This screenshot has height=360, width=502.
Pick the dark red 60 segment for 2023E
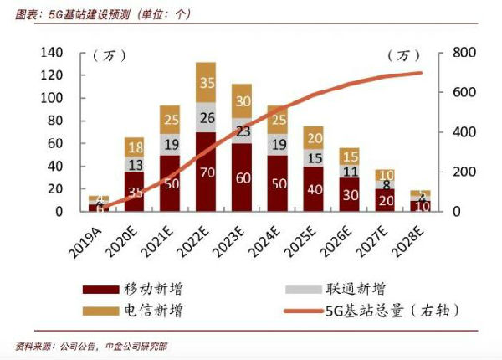243,177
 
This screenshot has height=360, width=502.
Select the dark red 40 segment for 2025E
314,189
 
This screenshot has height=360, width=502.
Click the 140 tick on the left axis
52,53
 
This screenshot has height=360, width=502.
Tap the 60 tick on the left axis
56,143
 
